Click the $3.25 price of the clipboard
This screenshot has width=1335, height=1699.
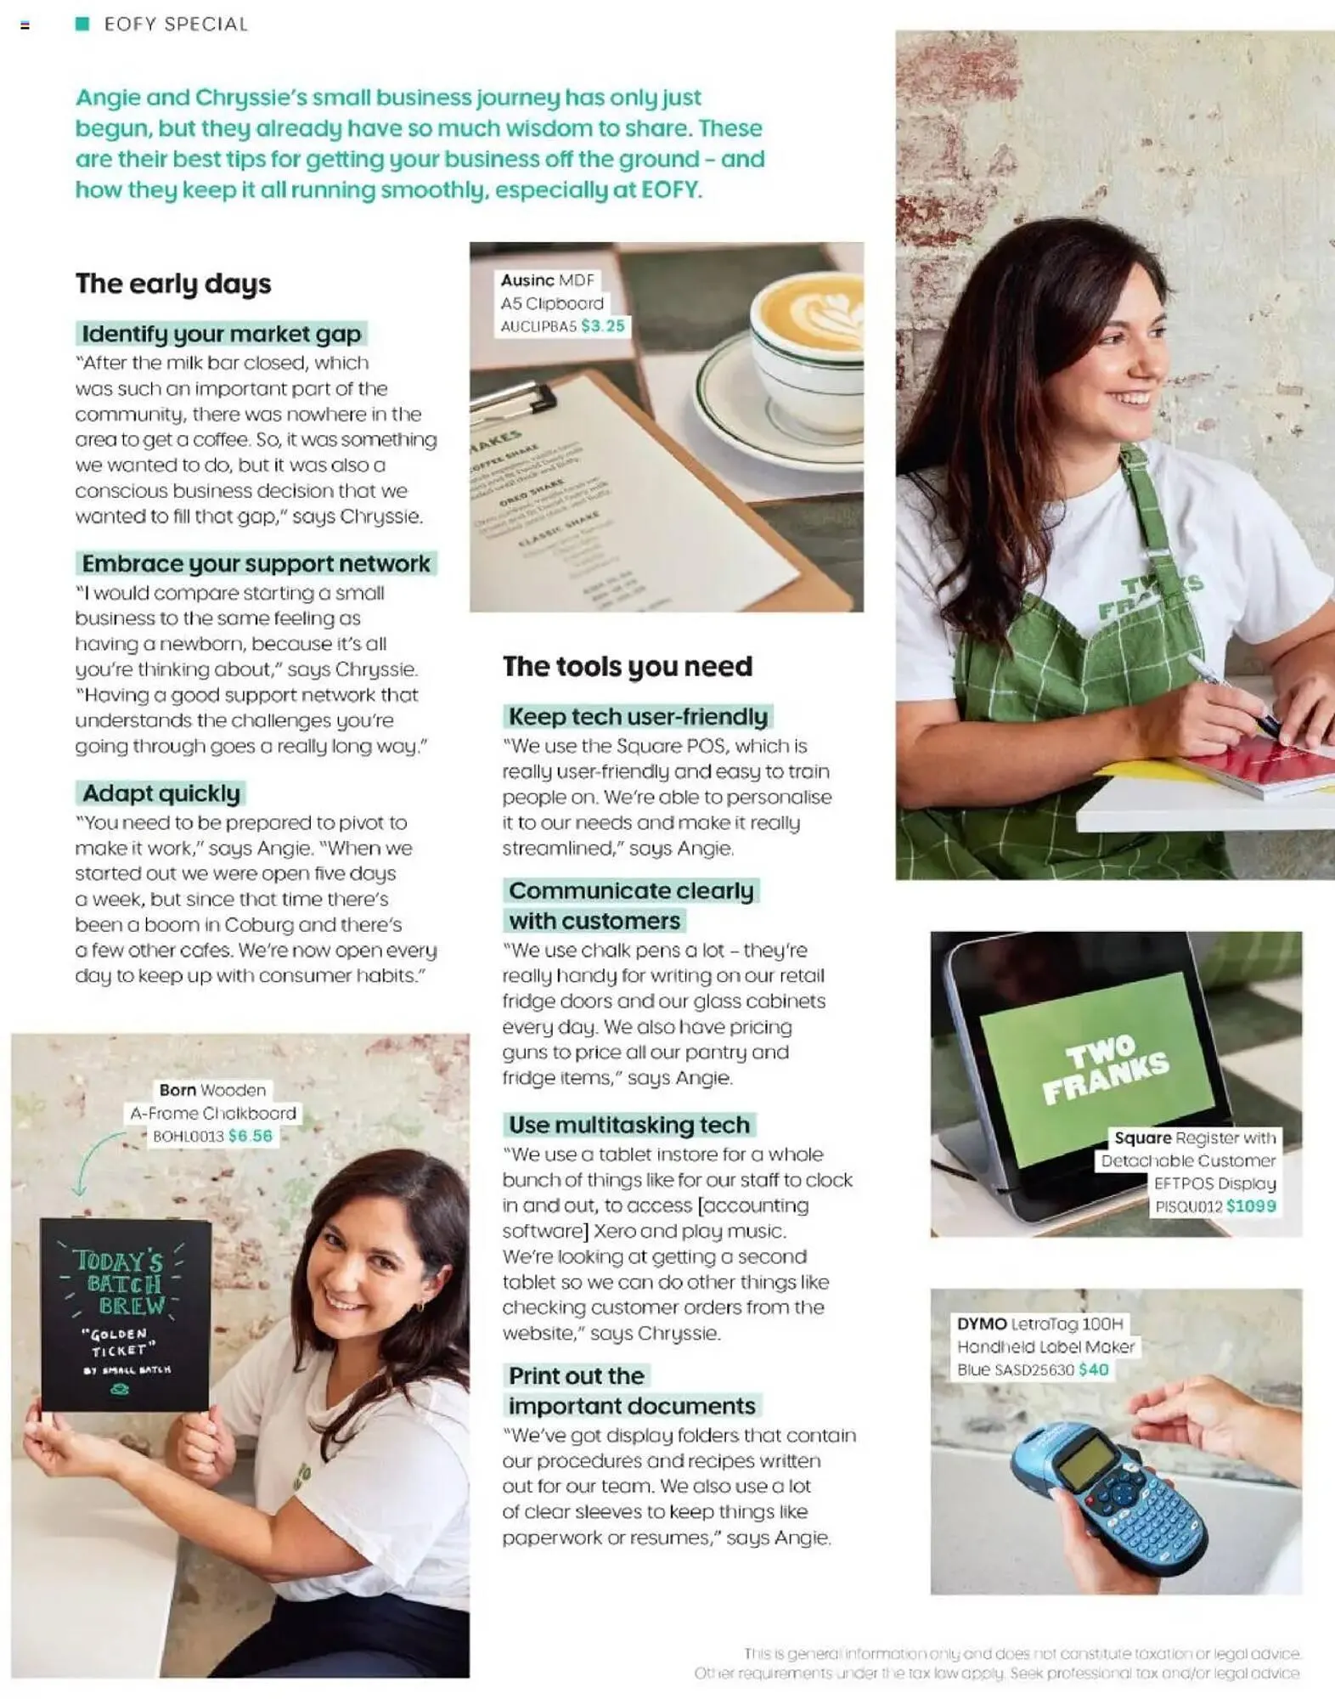click(x=602, y=326)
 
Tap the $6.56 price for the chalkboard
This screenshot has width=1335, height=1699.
click(x=251, y=1136)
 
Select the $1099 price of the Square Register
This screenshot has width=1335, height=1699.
click(x=1251, y=1206)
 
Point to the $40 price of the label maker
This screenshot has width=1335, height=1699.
click(x=1093, y=1369)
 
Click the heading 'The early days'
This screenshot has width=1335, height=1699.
click(x=173, y=284)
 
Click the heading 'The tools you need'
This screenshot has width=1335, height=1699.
click(x=627, y=666)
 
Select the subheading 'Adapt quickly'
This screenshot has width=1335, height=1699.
click(x=161, y=793)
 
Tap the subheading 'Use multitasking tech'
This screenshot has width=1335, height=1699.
click(x=628, y=1125)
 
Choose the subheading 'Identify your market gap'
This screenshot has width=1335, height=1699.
click(x=222, y=334)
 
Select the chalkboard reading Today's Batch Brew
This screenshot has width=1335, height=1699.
click(x=125, y=1315)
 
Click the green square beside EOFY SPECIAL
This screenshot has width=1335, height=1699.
click(x=82, y=24)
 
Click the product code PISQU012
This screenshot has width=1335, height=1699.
click(x=1188, y=1206)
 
